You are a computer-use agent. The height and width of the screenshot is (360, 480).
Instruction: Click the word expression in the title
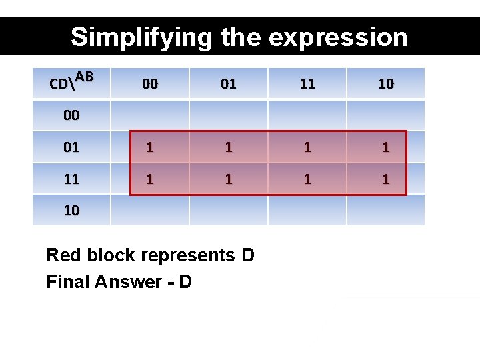[x=337, y=37]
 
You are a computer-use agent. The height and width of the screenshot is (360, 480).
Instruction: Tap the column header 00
[x=150, y=84]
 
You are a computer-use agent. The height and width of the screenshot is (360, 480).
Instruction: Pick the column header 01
[x=229, y=84]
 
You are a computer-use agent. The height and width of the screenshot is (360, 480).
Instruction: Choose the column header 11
[x=307, y=84]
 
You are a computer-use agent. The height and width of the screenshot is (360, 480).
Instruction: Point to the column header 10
[x=386, y=84]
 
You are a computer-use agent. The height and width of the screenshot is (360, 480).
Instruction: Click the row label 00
[x=71, y=115]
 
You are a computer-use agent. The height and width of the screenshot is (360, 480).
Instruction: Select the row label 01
[x=71, y=147]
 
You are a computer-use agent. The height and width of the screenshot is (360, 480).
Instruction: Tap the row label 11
[x=71, y=179]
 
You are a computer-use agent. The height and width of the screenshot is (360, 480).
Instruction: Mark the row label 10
[x=71, y=211]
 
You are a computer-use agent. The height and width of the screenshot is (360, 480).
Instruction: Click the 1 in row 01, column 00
[x=150, y=147]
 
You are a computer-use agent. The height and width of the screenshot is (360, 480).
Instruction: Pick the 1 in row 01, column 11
[x=307, y=147]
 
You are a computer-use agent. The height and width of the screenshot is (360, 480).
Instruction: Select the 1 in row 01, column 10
[x=386, y=147]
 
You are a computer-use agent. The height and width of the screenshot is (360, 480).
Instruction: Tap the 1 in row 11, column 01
[x=229, y=179]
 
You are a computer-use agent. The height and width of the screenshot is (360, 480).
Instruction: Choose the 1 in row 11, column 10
[x=386, y=179]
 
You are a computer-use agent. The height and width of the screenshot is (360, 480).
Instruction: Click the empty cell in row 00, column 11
[x=307, y=115]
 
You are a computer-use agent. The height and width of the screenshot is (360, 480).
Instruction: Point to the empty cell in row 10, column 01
[x=229, y=211]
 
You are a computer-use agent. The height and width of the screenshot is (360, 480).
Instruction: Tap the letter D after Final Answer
[x=185, y=282]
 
